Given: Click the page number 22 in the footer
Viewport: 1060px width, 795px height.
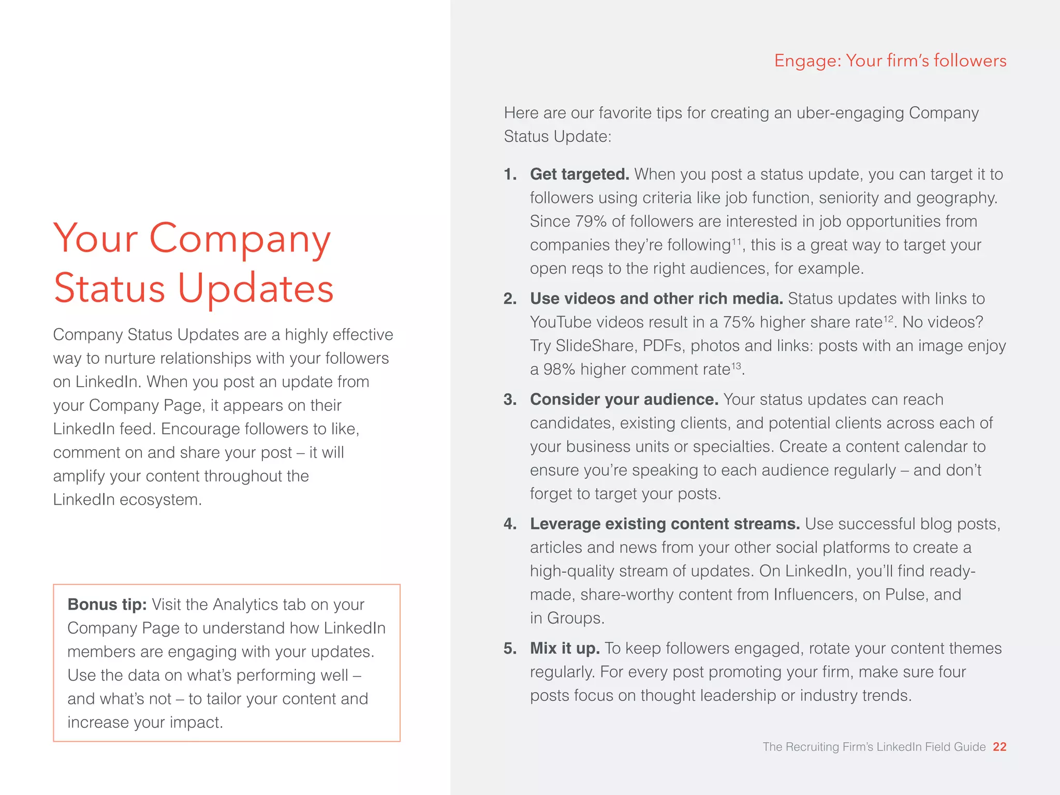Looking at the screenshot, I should (999, 747).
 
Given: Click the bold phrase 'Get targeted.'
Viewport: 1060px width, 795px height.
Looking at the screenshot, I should (579, 174).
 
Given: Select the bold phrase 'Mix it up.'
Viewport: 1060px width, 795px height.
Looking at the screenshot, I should (565, 649).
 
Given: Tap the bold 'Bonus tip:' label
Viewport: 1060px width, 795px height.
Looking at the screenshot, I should (107, 605).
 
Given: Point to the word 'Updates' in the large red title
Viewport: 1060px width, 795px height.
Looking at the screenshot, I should (256, 288).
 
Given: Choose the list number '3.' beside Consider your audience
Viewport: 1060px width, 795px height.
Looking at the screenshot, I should (510, 400).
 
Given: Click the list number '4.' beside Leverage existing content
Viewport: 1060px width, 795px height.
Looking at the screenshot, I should (510, 524).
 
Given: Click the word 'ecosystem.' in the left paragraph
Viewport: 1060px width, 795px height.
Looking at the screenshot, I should (160, 500).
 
